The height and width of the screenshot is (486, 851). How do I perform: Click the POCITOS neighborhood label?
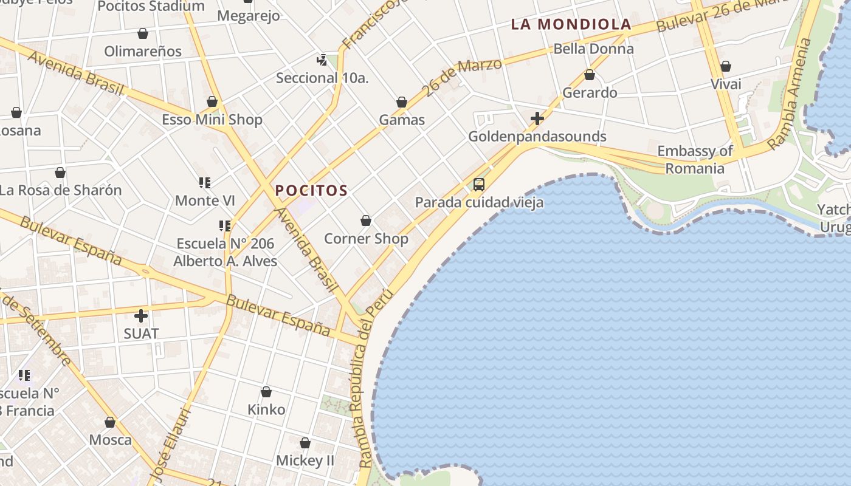(311, 191)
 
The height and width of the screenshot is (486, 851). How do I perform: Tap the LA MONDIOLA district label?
(571, 24)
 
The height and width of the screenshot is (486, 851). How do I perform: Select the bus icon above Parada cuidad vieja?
(479, 184)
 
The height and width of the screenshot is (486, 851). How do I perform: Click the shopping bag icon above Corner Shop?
(366, 221)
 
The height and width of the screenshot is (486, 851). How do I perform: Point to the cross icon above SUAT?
(141, 316)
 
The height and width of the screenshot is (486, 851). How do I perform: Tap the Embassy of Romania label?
(695, 159)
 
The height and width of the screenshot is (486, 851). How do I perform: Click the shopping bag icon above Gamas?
(402, 102)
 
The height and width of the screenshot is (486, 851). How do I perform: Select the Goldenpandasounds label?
(537, 136)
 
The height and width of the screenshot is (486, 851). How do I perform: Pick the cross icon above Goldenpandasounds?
(537, 118)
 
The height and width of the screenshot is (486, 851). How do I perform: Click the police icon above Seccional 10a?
(322, 60)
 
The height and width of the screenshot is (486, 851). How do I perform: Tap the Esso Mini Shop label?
(212, 119)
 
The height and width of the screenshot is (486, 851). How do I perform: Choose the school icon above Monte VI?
(205, 182)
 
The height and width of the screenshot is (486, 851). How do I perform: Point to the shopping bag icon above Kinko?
(266, 392)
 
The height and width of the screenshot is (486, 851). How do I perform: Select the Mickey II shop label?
(305, 460)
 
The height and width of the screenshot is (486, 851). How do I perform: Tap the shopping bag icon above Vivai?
(725, 66)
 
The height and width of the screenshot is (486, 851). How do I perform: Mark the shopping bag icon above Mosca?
(110, 422)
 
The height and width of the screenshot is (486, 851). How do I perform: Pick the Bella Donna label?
(593, 49)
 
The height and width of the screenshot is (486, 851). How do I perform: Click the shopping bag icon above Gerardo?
(589, 75)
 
